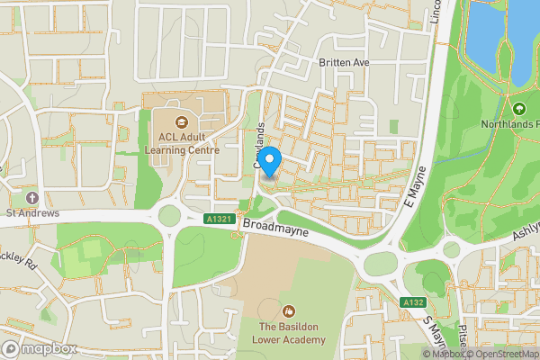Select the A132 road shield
tap(412, 301)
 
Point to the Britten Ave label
tap(344, 62)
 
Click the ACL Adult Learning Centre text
tap(183, 144)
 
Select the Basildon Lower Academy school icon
tap(288, 310)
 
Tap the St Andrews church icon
tap(33, 197)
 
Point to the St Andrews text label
tap(33, 213)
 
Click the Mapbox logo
tap(39, 348)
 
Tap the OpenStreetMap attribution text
tap(503, 354)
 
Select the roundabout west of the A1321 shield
tap(166, 216)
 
